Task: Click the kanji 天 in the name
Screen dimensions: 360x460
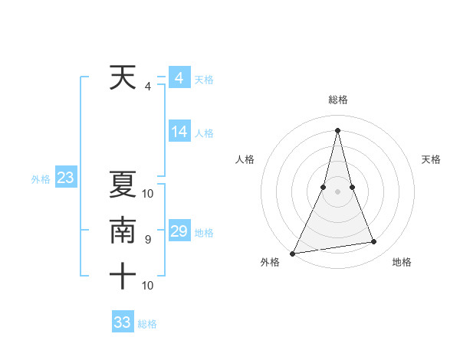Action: click(x=123, y=77)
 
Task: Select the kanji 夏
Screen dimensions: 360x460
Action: click(x=123, y=185)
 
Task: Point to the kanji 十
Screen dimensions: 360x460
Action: click(x=123, y=276)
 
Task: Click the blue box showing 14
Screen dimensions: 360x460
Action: click(x=179, y=132)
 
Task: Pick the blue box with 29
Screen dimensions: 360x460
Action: click(x=179, y=231)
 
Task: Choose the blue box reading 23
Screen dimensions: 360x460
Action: click(x=66, y=178)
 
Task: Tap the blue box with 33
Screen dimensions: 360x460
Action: click(x=123, y=322)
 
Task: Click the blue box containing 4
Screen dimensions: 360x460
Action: click(x=179, y=78)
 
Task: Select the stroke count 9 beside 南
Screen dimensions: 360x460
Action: click(x=148, y=240)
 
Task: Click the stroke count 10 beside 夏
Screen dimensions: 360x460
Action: click(x=148, y=194)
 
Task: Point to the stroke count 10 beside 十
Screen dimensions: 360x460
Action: click(x=148, y=286)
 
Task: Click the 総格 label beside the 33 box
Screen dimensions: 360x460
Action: click(x=147, y=324)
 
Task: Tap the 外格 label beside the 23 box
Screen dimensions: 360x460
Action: click(x=41, y=179)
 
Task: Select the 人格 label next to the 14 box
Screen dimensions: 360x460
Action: click(x=204, y=133)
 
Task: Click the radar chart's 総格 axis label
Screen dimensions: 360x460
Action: click(x=337, y=100)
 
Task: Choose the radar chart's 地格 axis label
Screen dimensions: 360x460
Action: click(x=402, y=262)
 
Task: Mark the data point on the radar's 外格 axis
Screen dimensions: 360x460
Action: click(x=293, y=253)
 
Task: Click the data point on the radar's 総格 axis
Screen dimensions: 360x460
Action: click(x=337, y=129)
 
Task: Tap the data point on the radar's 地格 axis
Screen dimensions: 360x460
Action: click(x=373, y=242)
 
